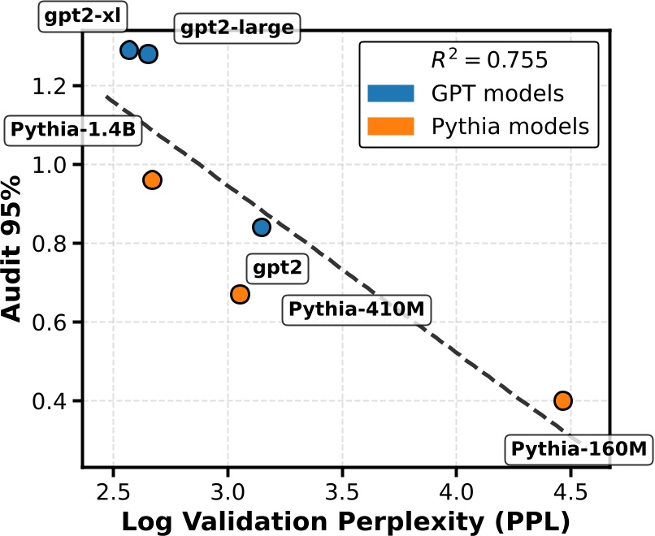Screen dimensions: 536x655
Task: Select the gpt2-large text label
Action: [x=236, y=30]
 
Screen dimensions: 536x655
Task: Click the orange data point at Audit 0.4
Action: [x=563, y=400]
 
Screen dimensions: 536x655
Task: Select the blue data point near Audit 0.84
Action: [x=261, y=227]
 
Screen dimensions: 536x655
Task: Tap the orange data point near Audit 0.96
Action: [x=152, y=179]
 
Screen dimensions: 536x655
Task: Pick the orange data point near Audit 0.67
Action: [x=240, y=294]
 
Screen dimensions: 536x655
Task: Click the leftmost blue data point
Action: [x=129, y=50]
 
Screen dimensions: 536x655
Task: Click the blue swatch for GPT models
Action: [x=391, y=93]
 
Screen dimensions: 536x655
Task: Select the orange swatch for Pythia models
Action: [x=391, y=127]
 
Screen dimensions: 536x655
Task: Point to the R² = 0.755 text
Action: [x=488, y=60]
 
